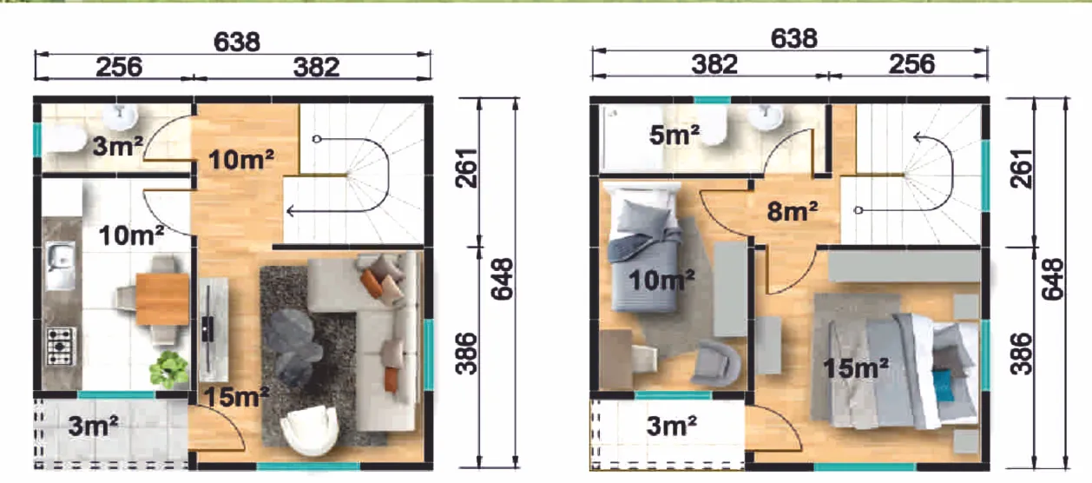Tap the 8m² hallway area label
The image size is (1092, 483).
click(x=793, y=211)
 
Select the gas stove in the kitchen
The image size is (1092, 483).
click(x=61, y=346)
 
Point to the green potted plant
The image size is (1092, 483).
click(x=168, y=368)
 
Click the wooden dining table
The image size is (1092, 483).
click(x=162, y=299)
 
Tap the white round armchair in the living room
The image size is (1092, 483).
click(x=310, y=430)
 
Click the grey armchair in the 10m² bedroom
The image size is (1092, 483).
click(x=717, y=362)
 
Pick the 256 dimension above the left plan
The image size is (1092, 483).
click(x=119, y=67)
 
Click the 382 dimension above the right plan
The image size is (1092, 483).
click(x=714, y=64)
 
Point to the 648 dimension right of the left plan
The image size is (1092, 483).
click(x=502, y=279)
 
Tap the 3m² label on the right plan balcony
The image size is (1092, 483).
click(x=671, y=426)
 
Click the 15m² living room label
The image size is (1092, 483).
click(x=236, y=397)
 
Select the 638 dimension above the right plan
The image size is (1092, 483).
click(x=793, y=38)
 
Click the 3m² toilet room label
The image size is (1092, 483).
click(x=117, y=145)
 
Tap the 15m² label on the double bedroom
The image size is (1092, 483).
click(x=856, y=367)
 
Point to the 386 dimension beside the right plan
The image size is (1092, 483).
click(x=1021, y=354)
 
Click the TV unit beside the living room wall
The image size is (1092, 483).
click(x=214, y=330)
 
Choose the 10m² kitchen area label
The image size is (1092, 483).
click(x=131, y=235)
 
